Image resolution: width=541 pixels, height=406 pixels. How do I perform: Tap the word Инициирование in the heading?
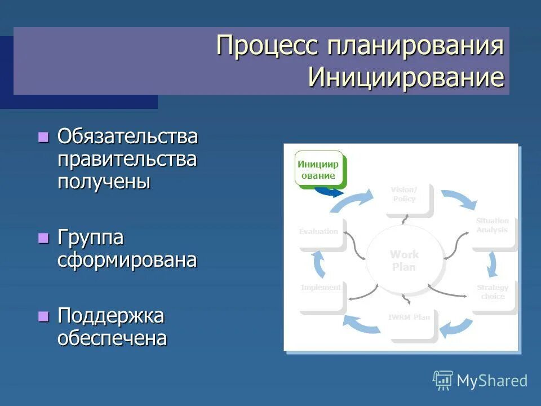(x=406, y=77)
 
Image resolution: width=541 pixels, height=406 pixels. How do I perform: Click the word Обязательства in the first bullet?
(x=127, y=137)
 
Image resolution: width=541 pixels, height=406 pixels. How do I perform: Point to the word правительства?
(x=127, y=160)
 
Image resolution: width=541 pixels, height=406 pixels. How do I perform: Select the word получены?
(x=104, y=182)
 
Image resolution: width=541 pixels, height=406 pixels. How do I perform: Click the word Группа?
(x=90, y=238)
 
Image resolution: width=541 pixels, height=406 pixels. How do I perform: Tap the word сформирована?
(x=127, y=260)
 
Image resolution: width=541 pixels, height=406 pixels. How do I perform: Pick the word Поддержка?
(x=110, y=316)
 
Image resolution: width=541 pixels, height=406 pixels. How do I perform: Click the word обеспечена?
(x=112, y=338)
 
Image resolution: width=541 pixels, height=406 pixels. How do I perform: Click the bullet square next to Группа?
(x=43, y=238)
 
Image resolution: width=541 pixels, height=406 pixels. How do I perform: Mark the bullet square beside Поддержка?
(x=43, y=316)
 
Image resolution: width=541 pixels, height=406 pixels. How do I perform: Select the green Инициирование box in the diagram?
(x=319, y=169)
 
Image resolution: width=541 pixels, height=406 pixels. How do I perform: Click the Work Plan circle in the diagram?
(x=403, y=261)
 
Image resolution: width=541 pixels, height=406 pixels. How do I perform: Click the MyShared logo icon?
(x=443, y=381)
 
